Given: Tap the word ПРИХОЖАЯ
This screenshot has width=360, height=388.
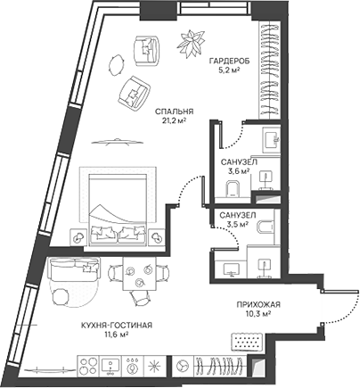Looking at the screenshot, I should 259,303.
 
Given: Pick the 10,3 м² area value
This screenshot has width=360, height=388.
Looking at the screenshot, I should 259,314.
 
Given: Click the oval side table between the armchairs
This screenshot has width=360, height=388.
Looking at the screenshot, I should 117,63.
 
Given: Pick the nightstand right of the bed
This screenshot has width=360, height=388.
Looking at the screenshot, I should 158,236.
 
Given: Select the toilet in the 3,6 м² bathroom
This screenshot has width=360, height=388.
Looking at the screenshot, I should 233,187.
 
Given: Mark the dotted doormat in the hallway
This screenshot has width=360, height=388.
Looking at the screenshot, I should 244,340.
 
